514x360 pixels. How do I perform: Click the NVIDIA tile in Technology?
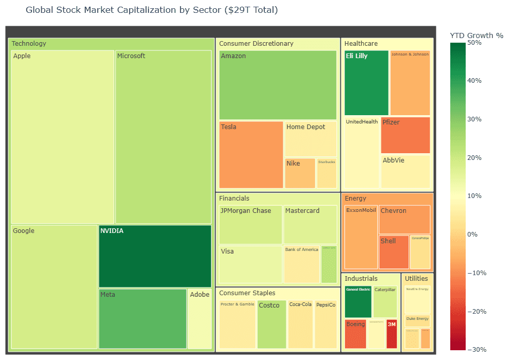click(x=155, y=256)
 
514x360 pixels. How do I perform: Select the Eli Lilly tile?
click(x=366, y=83)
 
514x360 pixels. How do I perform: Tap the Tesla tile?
click(x=251, y=155)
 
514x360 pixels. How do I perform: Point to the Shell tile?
click(x=394, y=252)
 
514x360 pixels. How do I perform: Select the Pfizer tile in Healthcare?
click(x=405, y=135)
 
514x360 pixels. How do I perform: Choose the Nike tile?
click(x=300, y=173)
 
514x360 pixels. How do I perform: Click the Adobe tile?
click(x=199, y=319)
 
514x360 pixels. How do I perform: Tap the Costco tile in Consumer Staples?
click(x=271, y=325)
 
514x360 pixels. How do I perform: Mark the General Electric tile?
click(x=358, y=302)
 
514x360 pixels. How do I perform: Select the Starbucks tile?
click(x=326, y=173)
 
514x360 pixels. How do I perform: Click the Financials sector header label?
click(x=234, y=198)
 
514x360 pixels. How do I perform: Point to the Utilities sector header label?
click(x=416, y=278)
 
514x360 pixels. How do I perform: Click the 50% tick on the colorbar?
click(x=474, y=43)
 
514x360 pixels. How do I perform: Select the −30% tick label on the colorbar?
click(x=475, y=350)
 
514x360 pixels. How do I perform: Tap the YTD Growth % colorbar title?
click(x=476, y=35)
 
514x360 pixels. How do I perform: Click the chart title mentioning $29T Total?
click(x=152, y=10)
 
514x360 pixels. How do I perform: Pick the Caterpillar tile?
click(x=384, y=302)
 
